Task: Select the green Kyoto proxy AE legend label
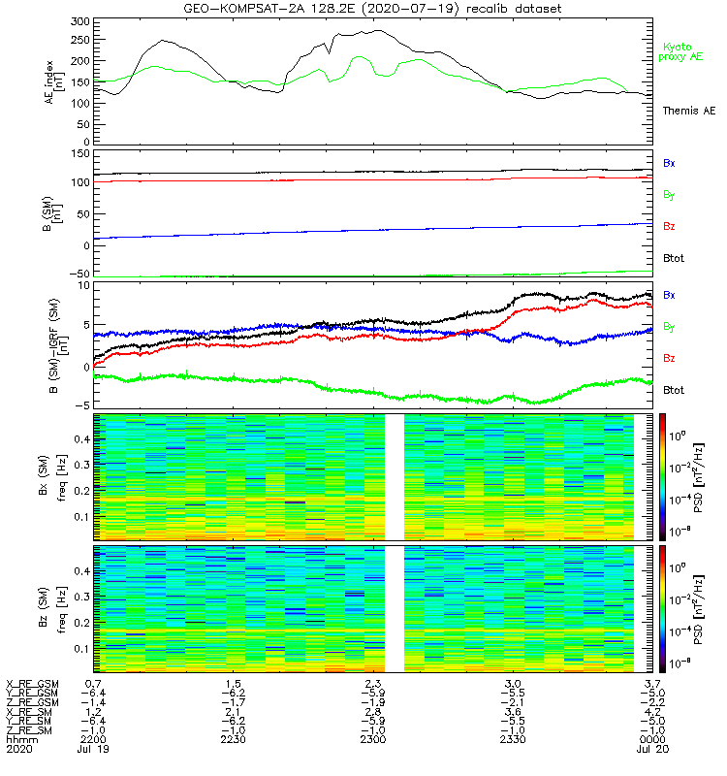[683, 51]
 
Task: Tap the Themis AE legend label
[687, 112]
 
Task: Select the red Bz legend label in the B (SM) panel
[669, 226]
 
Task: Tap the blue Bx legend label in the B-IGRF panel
[669, 294]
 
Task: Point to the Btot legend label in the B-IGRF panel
[674, 389]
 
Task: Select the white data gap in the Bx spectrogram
[394, 476]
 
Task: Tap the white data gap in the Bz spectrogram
[394, 608]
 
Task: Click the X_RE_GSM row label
[31, 684]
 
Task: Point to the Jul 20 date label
[653, 750]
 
